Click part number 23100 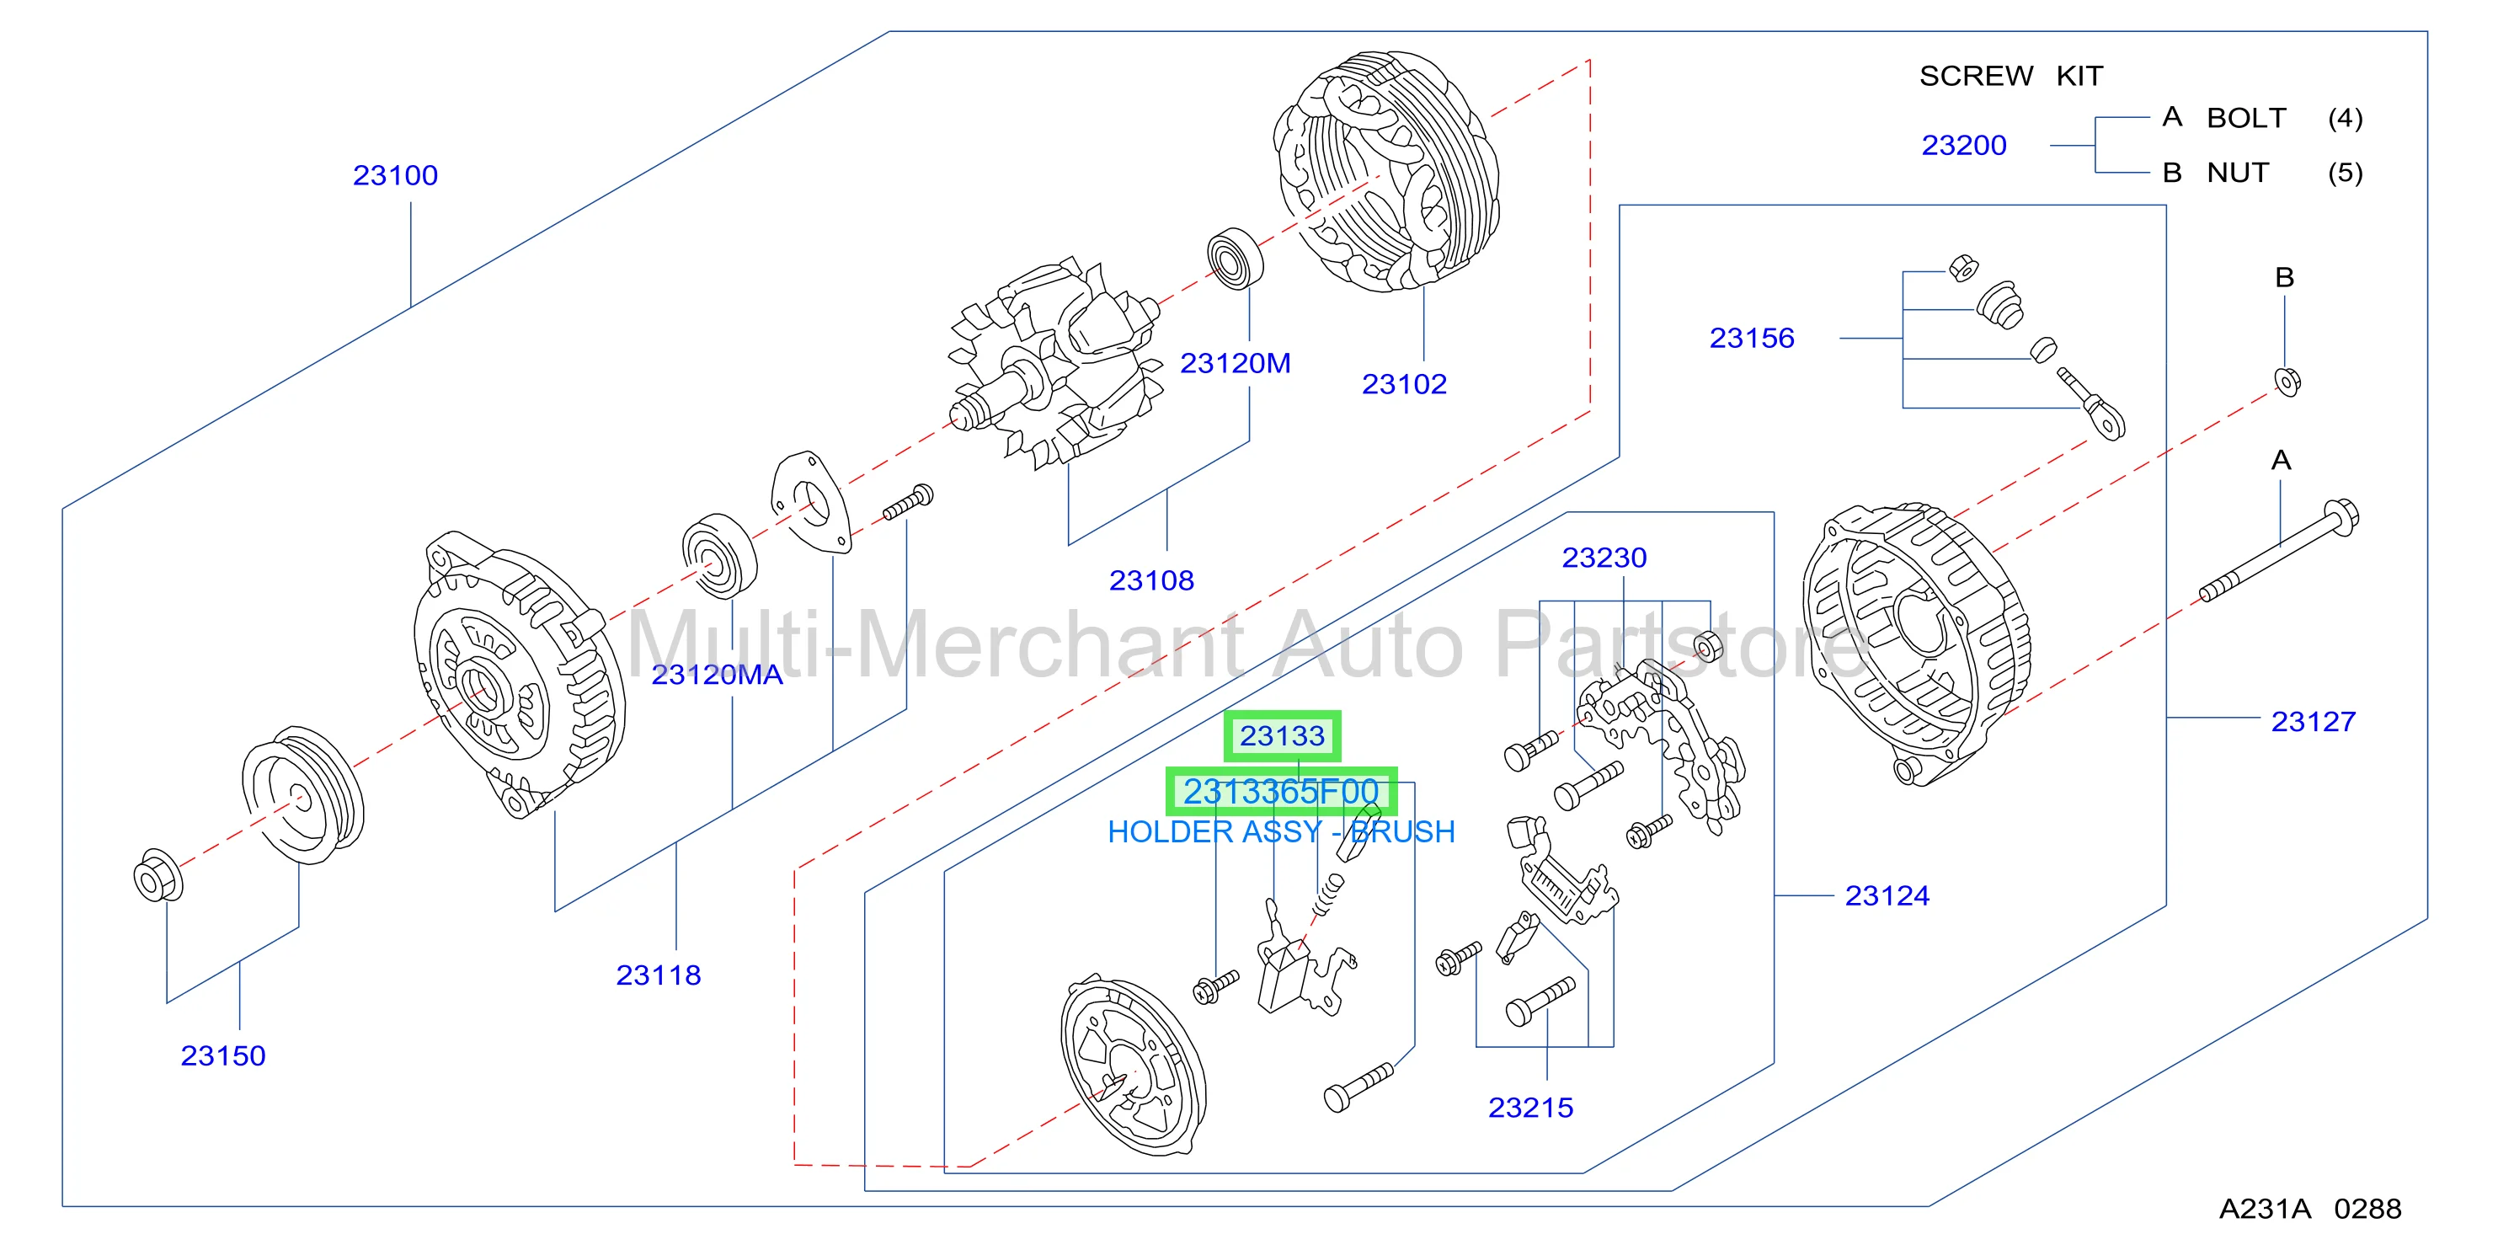click(395, 175)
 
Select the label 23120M click(1235, 363)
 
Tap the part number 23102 click(1403, 384)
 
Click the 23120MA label click(717, 674)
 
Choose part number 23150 click(223, 1055)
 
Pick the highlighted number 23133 click(1282, 736)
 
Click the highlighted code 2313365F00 click(1281, 791)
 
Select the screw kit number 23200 click(1964, 146)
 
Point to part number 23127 click(2313, 722)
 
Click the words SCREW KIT click(2011, 76)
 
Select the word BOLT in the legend click(2247, 118)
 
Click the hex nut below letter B click(2287, 381)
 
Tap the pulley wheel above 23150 click(302, 795)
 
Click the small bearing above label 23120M click(1236, 258)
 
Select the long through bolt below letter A click(2279, 550)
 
